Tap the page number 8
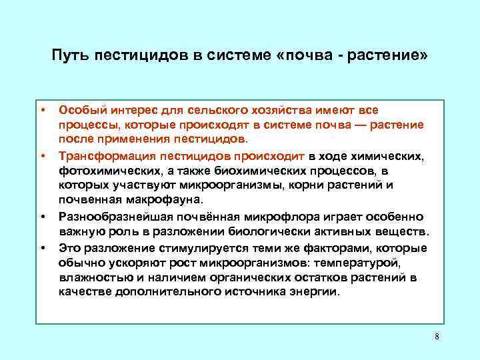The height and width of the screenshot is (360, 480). pyautogui.click(x=437, y=336)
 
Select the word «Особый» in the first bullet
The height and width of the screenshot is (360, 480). pyautogui.click(x=79, y=109)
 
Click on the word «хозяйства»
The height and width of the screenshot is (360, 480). pyautogui.click(x=276, y=109)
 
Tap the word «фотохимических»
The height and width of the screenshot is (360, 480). pyautogui.click(x=102, y=170)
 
